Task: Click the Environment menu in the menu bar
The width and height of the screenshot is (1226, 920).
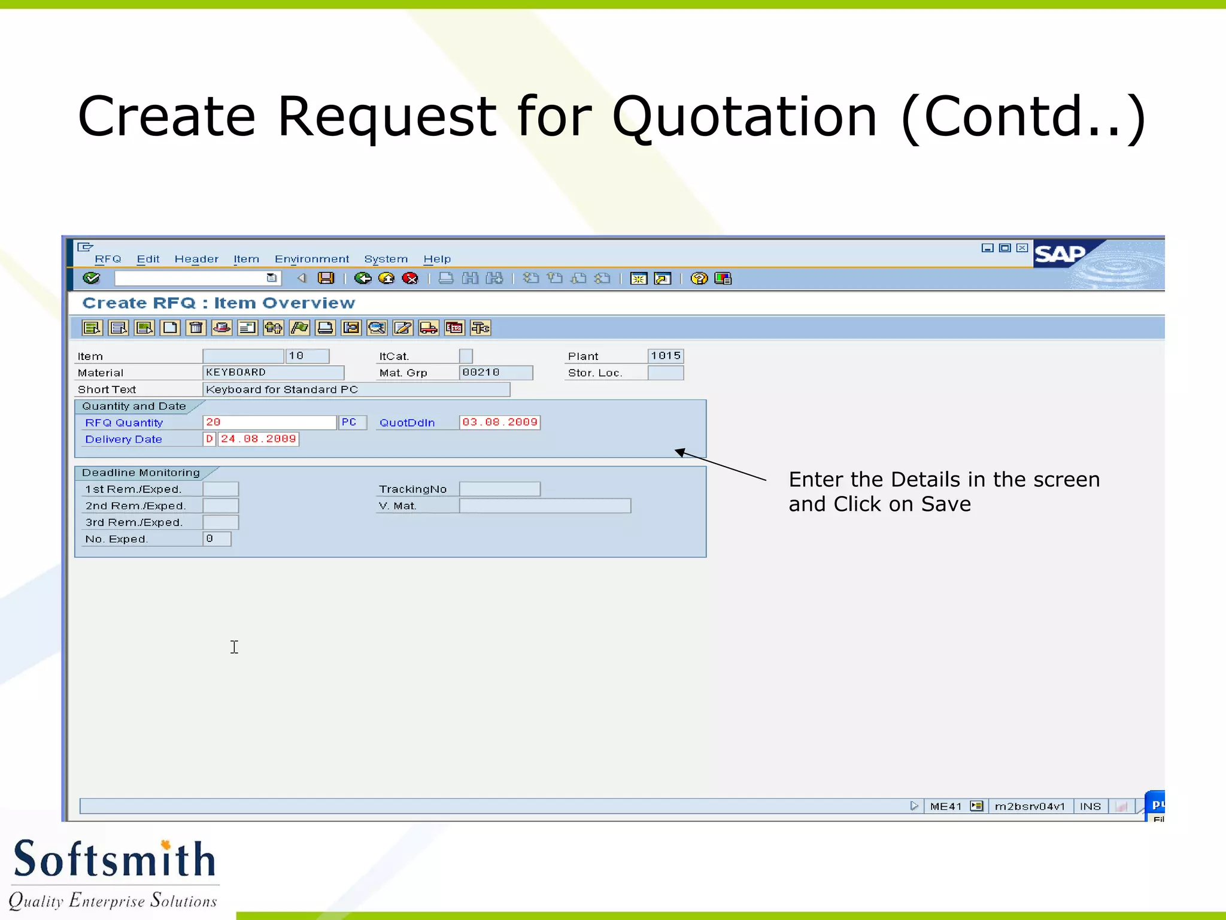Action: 311,259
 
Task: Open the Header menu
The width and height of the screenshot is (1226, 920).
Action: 196,259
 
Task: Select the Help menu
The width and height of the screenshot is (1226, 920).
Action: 437,259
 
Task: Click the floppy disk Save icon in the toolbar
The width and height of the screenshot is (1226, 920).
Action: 326,279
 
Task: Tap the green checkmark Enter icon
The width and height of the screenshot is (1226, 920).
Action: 92,279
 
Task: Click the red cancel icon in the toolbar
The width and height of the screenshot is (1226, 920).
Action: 411,279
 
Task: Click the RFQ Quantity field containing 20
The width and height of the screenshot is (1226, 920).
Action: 269,423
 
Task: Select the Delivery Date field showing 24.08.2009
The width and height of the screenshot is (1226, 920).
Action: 258,440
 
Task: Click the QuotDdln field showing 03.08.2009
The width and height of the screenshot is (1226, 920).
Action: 500,423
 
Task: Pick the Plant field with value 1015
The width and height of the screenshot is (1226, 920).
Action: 666,356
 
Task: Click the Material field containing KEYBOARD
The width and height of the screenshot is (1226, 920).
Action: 273,373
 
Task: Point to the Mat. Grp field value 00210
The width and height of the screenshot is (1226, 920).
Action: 496,373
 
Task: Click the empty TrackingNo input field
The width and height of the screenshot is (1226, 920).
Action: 500,490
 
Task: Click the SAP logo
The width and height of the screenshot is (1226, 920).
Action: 1061,255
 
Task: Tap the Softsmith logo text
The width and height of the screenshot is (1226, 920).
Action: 114,860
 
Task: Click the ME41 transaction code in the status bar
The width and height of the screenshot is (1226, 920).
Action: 946,807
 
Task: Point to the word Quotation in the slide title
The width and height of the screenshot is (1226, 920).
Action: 745,117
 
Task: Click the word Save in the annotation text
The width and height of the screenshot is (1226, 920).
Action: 946,504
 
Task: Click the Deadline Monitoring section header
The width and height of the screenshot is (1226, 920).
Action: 141,473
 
